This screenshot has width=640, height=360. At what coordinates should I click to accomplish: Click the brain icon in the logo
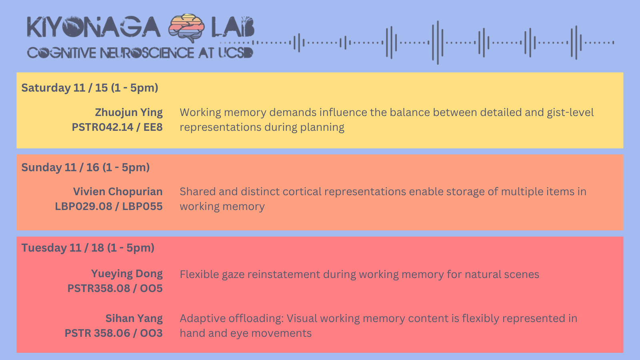coord(186,28)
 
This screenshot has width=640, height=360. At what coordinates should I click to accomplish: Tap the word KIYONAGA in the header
coord(94,27)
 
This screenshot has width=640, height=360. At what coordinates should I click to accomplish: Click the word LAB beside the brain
coord(233,27)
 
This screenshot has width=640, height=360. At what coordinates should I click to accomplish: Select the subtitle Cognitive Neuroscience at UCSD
coord(140,53)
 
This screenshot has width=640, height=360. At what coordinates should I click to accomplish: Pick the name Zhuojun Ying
coord(129,112)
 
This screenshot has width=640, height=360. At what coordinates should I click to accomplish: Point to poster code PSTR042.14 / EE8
coord(117,127)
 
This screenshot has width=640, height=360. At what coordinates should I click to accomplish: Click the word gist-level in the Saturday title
coord(570,112)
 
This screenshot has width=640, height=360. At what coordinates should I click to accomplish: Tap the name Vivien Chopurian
coord(118,192)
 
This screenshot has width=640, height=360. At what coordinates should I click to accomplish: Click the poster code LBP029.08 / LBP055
coord(109,206)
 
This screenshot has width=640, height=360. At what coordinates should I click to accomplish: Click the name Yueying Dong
coord(127,274)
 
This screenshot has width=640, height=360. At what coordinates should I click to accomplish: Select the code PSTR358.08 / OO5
coord(115,288)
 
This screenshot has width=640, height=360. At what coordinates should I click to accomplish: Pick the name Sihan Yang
coord(134,318)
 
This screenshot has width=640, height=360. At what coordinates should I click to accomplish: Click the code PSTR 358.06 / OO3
coord(114,333)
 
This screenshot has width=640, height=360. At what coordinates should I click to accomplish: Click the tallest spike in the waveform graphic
coord(438,42)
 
